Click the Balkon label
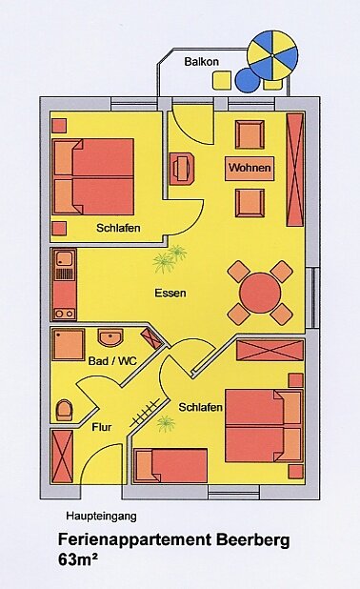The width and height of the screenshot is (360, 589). [x=201, y=62]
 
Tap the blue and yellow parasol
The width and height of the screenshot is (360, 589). [x=273, y=55]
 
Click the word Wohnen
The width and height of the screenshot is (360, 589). [x=250, y=168]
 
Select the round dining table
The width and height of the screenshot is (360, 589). [x=260, y=293]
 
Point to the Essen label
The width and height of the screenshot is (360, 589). [x=170, y=293]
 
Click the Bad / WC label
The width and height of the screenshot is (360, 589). [x=112, y=361]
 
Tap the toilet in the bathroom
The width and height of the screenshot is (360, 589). [x=64, y=410]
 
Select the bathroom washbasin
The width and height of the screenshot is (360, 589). [x=110, y=337]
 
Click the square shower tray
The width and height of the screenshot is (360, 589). [x=69, y=344]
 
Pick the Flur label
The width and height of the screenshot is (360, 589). [x=102, y=427]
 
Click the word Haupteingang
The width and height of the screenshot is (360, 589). [x=101, y=517]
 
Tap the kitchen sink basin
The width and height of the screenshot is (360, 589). [x=65, y=258]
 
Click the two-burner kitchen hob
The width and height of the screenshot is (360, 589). [x=65, y=314]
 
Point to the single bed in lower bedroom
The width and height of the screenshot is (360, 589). [x=170, y=465]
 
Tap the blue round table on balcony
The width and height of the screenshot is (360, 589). [x=248, y=80]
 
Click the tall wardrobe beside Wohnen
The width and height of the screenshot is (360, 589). [x=294, y=170]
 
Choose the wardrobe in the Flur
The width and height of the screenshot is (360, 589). [x=62, y=457]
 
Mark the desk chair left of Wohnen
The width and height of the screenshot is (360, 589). [x=182, y=169]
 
